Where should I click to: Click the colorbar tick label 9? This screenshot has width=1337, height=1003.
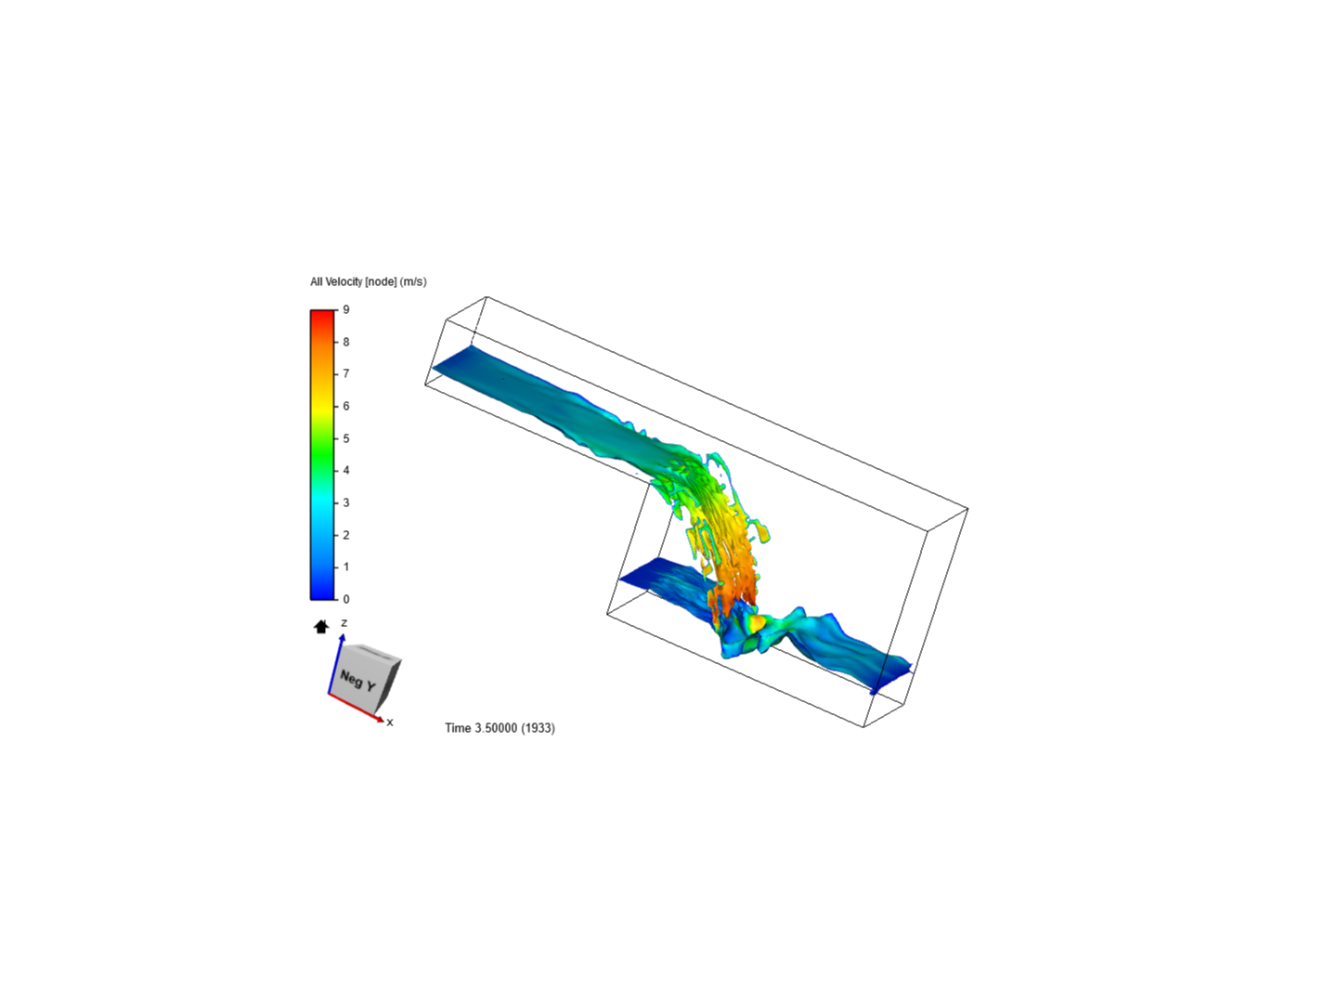coord(346,309)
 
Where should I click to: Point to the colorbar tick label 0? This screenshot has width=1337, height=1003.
coord(346,599)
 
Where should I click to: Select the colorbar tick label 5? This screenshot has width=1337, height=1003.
coord(346,438)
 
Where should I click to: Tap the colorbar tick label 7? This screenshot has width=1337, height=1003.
coord(346,373)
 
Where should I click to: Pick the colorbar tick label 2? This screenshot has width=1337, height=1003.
coord(346,535)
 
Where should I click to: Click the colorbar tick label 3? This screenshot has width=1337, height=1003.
coord(346,503)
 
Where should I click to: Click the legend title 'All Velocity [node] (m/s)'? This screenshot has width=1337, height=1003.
coord(369,282)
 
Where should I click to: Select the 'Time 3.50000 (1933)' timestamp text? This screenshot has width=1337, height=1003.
coord(500,728)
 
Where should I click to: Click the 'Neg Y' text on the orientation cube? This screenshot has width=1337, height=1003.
coord(357,680)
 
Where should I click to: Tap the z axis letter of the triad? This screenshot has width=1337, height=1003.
coord(344,623)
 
